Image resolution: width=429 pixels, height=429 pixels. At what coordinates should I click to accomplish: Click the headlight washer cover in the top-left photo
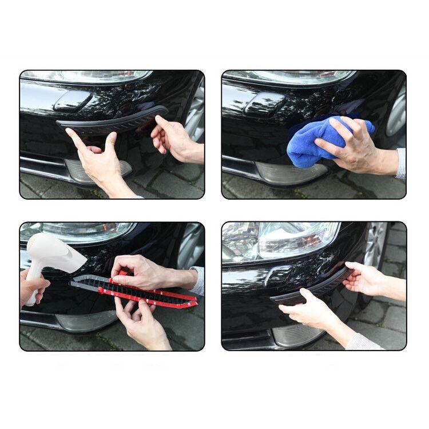tap(72, 101)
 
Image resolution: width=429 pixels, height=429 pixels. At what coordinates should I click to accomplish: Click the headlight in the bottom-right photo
tap(286, 237)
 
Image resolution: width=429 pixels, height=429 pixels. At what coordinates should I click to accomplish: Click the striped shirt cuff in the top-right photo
tap(401, 163)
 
